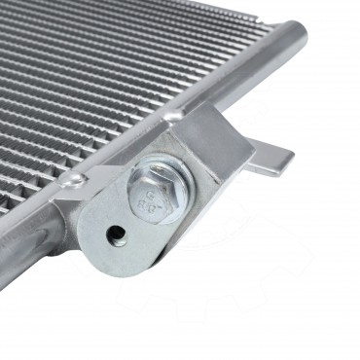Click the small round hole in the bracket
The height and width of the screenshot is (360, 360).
point(116,233)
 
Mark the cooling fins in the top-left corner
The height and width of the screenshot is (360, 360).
point(39,39)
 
